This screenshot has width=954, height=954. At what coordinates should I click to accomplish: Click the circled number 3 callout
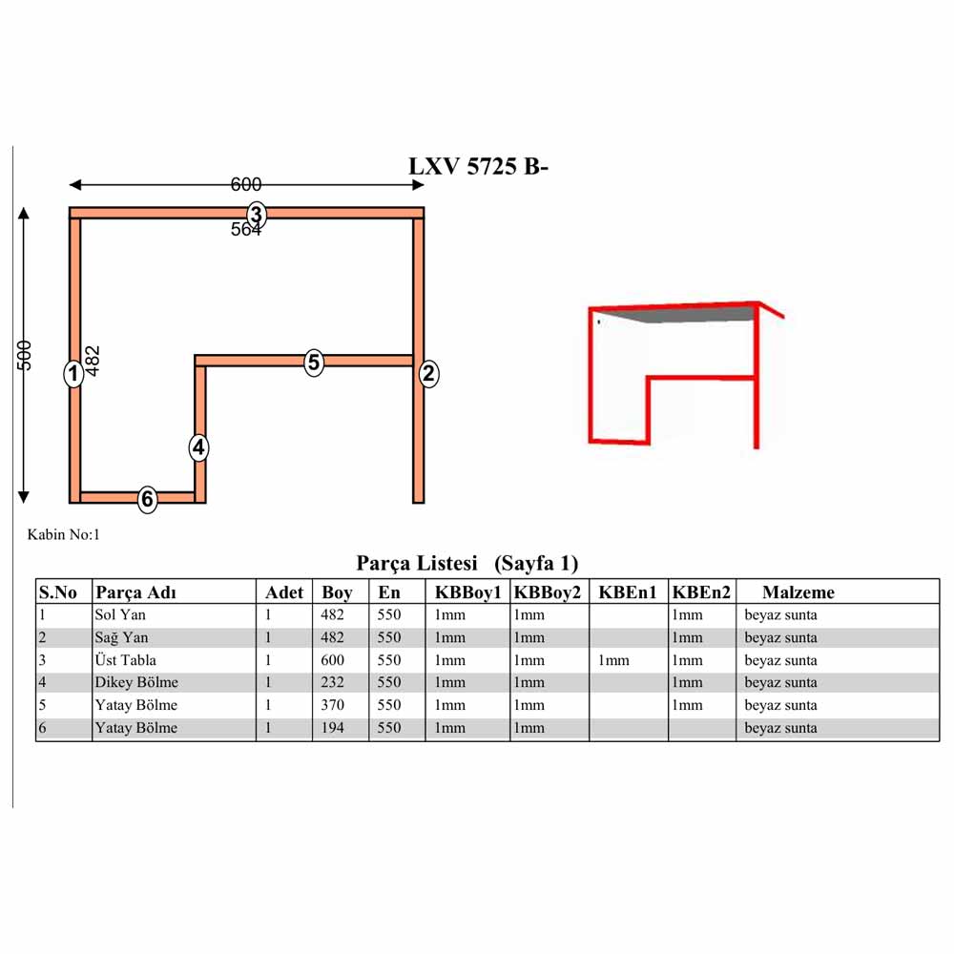point(256,215)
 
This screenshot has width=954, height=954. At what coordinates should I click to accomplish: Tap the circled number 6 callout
point(147,499)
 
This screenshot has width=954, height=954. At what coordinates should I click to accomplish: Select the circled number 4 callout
point(198,447)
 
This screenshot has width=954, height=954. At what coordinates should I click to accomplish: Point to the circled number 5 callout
point(313,363)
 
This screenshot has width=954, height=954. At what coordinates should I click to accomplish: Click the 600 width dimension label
point(246,184)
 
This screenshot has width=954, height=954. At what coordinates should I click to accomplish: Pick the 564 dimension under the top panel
point(246,229)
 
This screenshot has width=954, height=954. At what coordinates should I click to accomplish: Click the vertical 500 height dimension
point(24,355)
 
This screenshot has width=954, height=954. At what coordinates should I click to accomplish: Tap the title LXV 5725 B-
point(478,166)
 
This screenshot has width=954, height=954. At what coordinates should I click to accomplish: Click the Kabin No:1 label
point(63,534)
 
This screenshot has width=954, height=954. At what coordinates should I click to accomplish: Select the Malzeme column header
point(798,592)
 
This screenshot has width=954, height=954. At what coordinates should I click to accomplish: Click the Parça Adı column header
point(135,592)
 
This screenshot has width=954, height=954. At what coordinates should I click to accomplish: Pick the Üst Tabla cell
point(125,660)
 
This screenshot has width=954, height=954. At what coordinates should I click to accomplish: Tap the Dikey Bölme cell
point(136,682)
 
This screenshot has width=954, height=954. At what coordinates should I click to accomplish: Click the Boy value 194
point(332,728)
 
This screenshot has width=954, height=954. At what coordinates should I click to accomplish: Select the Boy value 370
point(332,705)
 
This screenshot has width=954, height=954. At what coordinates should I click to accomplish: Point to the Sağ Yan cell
point(121,637)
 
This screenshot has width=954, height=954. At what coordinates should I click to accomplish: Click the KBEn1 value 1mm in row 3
point(613,660)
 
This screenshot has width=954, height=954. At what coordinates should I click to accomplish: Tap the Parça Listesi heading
point(417,564)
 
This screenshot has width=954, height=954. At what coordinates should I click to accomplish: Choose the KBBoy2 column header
point(548,592)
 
